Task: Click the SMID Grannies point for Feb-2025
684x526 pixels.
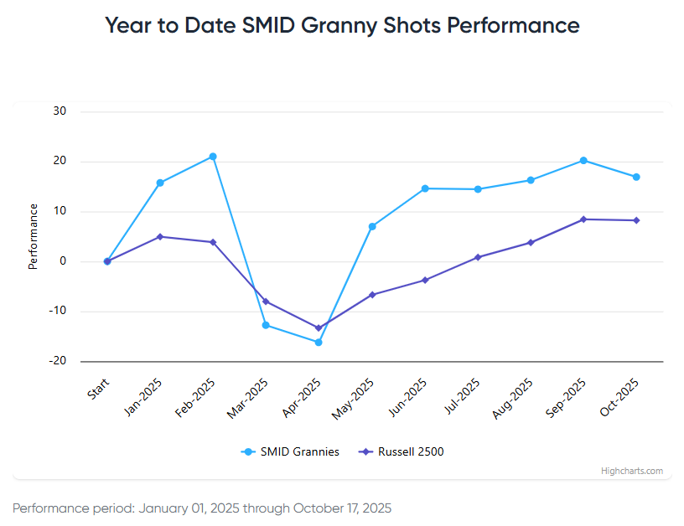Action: pyautogui.click(x=213, y=157)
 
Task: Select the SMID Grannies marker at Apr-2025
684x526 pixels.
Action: pyautogui.click(x=319, y=342)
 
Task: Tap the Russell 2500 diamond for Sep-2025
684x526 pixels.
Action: pyautogui.click(x=583, y=219)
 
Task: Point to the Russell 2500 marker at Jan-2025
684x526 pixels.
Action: pyautogui.click(x=160, y=236)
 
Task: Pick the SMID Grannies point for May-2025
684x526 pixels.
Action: pyautogui.click(x=372, y=226)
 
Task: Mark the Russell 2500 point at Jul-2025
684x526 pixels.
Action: pyautogui.click(x=478, y=257)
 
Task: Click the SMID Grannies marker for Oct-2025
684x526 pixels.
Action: pyautogui.click(x=636, y=177)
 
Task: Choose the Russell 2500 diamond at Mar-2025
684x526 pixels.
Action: pyautogui.click(x=266, y=302)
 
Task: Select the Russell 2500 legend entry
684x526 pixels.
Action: pyautogui.click(x=402, y=451)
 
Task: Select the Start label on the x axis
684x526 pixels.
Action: pyautogui.click(x=98, y=389)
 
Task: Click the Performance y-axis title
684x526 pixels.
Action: pyautogui.click(x=34, y=236)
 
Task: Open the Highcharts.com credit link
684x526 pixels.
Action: pyautogui.click(x=631, y=471)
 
